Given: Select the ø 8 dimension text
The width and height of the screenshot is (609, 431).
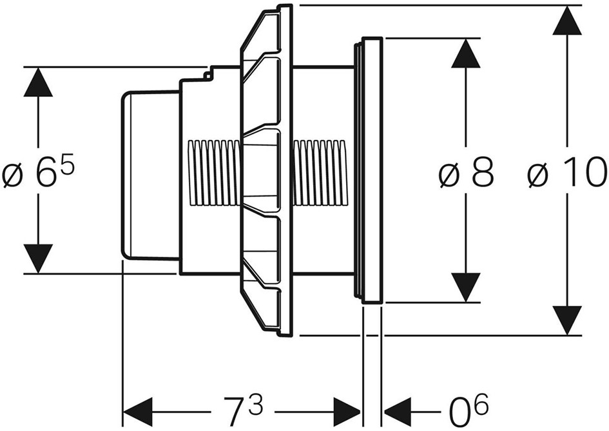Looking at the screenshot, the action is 466,172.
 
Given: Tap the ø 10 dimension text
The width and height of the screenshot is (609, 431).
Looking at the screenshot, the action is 567,172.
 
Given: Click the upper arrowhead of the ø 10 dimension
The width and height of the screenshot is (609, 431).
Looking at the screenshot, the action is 567,20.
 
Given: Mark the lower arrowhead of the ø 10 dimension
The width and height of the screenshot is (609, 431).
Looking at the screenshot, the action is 567,320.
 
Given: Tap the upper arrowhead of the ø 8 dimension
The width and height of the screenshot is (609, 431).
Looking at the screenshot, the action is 466,53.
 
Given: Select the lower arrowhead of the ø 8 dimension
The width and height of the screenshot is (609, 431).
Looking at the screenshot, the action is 466,288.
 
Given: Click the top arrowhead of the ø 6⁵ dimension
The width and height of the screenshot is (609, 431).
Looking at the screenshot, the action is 38,81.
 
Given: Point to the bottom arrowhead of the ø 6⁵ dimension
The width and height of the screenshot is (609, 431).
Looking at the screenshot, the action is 38,259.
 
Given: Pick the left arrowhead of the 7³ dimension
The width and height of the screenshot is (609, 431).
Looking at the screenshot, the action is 137,412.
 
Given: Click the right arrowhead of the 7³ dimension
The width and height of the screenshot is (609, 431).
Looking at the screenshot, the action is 347,412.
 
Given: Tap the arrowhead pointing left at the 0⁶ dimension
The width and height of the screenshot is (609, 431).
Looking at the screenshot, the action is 398,412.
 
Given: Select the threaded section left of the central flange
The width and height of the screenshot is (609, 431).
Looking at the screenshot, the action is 213,173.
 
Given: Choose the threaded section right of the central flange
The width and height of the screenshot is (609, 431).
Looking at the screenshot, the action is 320,173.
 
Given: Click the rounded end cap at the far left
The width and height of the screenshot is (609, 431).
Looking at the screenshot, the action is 151,175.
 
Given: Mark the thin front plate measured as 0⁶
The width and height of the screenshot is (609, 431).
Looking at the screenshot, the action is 372,170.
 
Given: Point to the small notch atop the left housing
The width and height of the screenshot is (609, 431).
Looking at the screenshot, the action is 209,74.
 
